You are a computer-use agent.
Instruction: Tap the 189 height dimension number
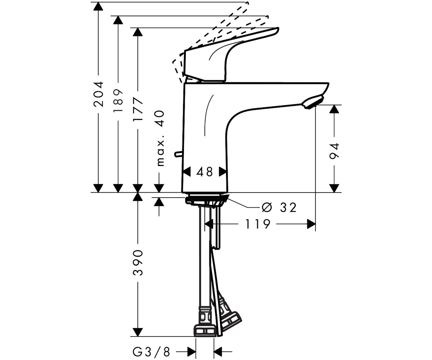tap(118, 101)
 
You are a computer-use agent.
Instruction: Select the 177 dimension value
tap(138, 109)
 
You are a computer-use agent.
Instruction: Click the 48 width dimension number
tap(204, 172)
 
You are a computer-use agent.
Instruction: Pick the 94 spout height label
tap(334, 151)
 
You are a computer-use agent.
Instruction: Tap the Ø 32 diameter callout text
tap(279, 207)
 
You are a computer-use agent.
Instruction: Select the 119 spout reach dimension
tap(258, 224)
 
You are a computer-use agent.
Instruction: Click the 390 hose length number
tap(138, 263)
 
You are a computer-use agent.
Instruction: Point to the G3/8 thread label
tap(152, 351)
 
